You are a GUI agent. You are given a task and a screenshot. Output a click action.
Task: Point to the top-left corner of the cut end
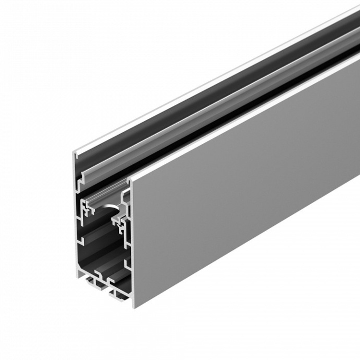pyautogui.click(x=74, y=152)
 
